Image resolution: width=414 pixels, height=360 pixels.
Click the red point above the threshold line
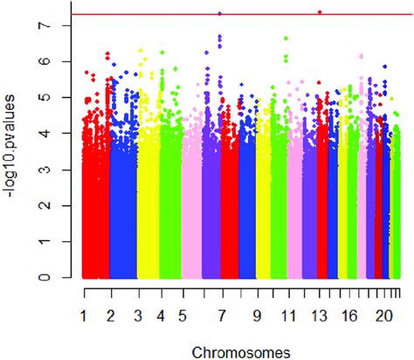320,11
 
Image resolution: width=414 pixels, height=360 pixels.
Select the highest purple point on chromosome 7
219,13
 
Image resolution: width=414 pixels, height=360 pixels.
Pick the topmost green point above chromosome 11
286,38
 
